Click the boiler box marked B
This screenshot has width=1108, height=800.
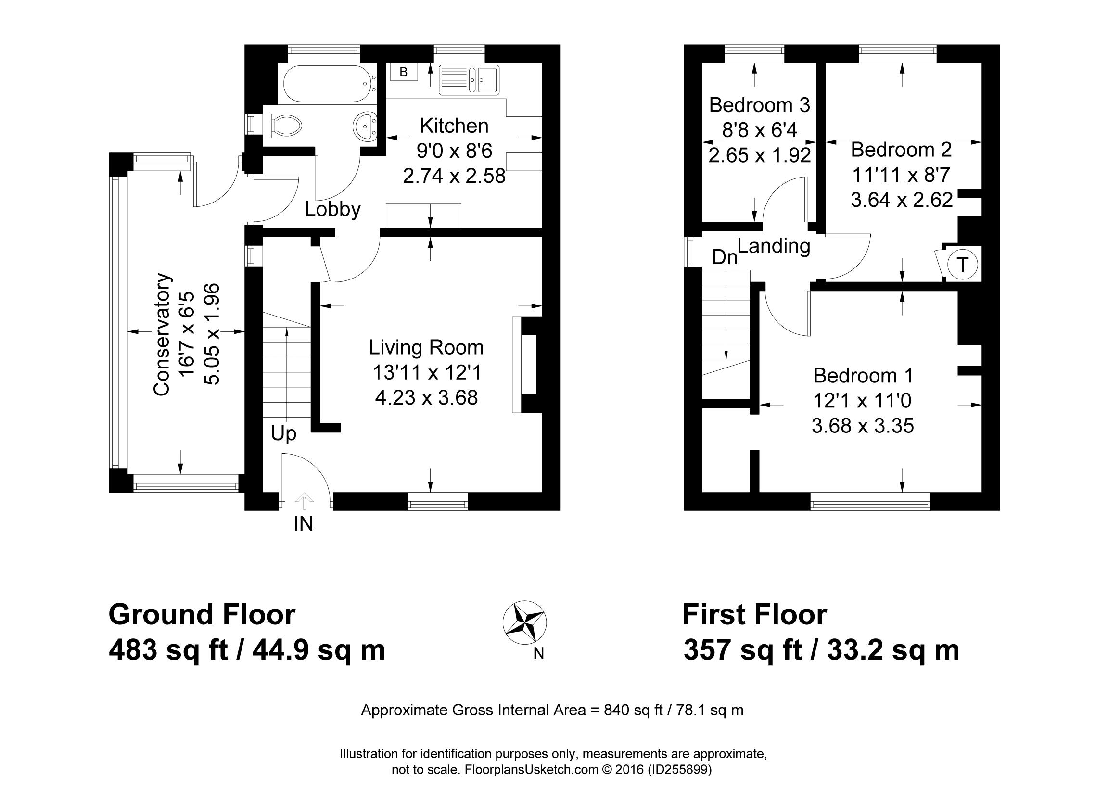pos(404,72)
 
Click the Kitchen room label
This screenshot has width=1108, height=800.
pos(454,126)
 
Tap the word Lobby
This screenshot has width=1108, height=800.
pos(333,210)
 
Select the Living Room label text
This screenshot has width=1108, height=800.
pos(426,348)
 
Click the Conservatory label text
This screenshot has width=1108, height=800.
pos(161,334)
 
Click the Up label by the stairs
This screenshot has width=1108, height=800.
pos(284,434)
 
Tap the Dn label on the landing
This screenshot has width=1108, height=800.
pos(724,257)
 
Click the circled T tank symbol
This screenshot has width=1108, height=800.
pos(962,265)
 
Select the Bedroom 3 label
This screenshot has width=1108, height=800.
pos(760,105)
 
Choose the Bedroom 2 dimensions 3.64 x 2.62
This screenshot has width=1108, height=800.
pos(902,200)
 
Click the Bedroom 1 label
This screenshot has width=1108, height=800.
pos(863,376)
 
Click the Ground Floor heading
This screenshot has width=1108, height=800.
pos(202,614)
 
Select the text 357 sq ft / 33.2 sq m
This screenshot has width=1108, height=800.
pos(821,650)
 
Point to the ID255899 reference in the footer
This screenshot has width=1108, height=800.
pos(679,770)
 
